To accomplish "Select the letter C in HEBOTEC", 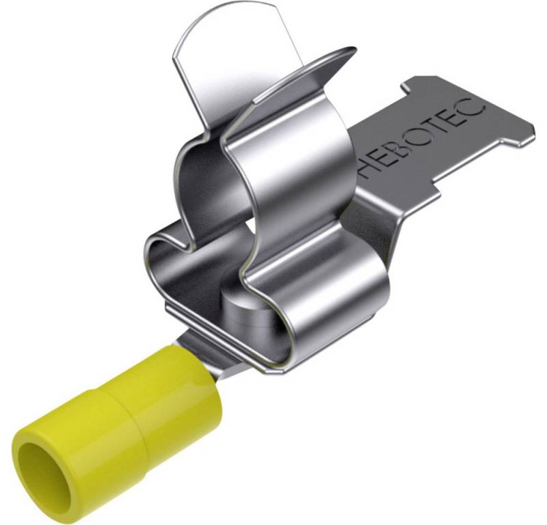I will coord(474,102).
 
